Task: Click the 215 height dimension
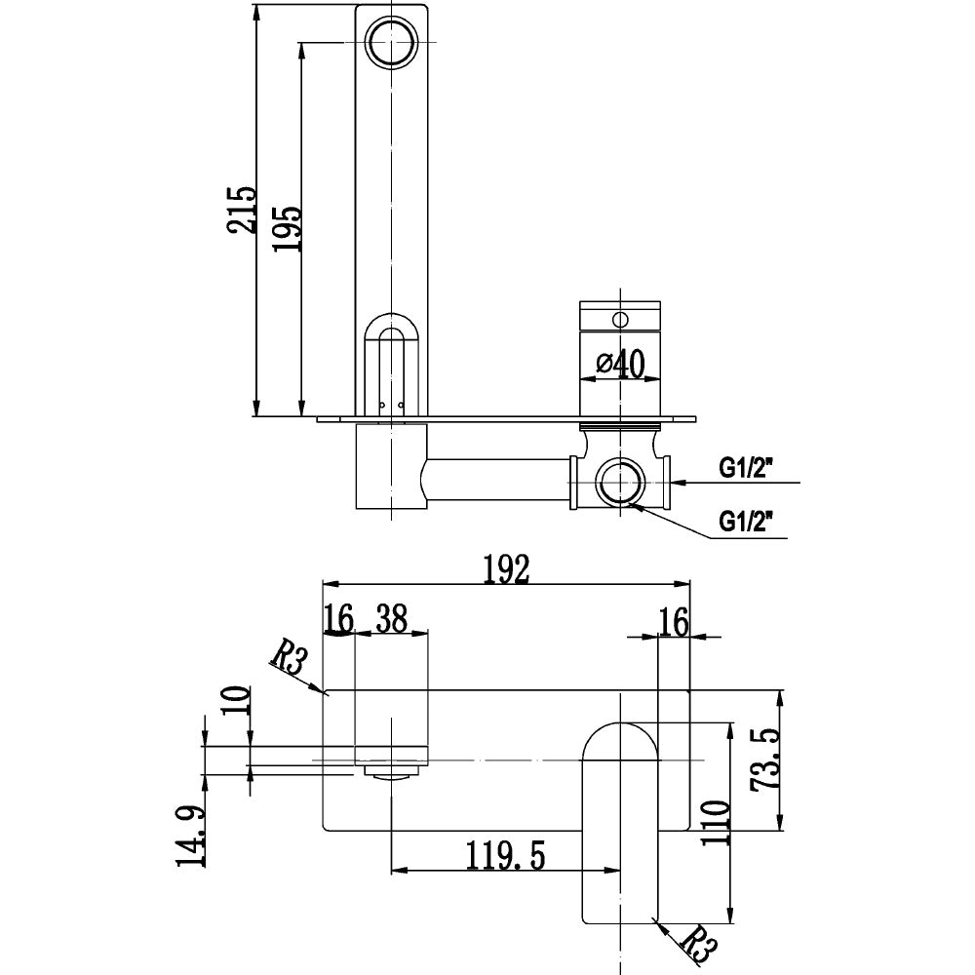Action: [x=240, y=210]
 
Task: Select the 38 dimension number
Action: [x=392, y=618]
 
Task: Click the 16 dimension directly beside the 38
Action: [x=338, y=618]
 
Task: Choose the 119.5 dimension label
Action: [x=505, y=855]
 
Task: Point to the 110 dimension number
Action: [x=715, y=823]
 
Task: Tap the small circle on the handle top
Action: [x=620, y=317]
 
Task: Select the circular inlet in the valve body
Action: [x=620, y=483]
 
